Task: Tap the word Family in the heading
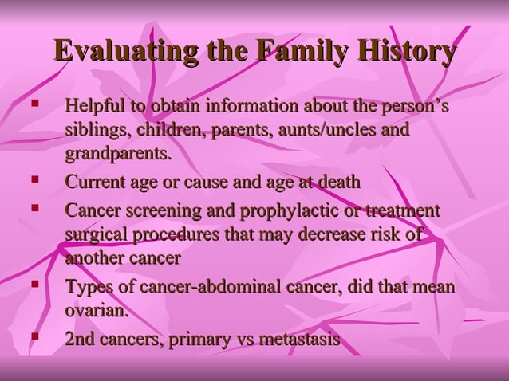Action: [x=297, y=52]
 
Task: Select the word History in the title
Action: [x=406, y=52]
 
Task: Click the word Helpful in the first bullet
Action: [x=94, y=106]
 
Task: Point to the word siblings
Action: [x=97, y=129]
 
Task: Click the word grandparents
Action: [x=118, y=152]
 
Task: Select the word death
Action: [x=338, y=183]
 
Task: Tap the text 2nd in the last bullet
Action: [x=80, y=340]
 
